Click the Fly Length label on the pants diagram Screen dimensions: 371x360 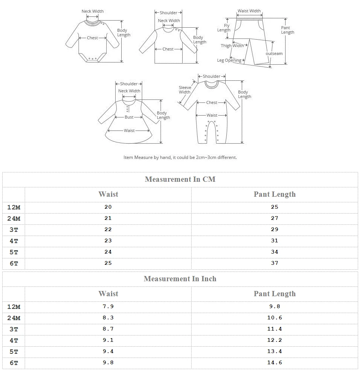(x=224, y=28)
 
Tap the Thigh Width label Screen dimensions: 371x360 (x=232, y=46)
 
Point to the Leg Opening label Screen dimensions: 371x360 (x=229, y=60)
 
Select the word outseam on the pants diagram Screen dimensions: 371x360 (x=274, y=53)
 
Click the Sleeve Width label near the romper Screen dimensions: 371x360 (x=185, y=90)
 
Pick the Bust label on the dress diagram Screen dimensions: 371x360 (x=129, y=117)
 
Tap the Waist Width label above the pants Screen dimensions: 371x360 (x=249, y=11)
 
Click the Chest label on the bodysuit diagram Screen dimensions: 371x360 (x=92, y=38)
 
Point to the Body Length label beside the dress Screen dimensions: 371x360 (x=163, y=115)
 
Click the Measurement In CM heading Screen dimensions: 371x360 (x=180, y=179)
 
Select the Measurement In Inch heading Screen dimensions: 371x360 (x=180, y=279)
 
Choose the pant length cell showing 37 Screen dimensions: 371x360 (x=275, y=263)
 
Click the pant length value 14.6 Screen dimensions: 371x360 (x=275, y=362)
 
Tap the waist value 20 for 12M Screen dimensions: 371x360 (x=108, y=207)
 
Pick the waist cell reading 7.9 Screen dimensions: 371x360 (x=108, y=306)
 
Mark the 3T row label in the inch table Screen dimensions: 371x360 (x=14, y=329)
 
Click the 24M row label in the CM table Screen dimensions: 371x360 (x=14, y=218)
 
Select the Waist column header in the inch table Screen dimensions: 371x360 (x=108, y=294)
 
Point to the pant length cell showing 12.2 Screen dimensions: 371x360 (x=275, y=340)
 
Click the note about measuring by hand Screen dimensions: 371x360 (x=180, y=157)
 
